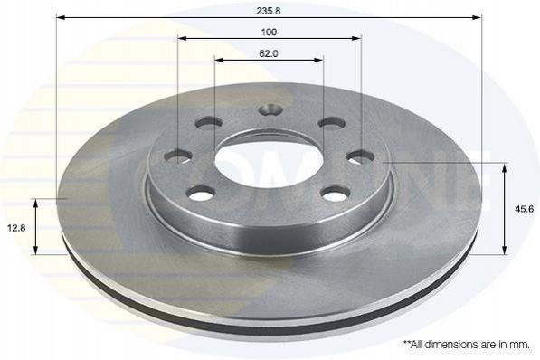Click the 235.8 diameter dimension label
tap(269, 11)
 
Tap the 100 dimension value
tap(269, 33)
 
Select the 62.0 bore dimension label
tap(269, 53)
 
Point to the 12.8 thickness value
tap(16, 228)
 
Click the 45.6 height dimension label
tap(524, 209)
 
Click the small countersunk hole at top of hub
tap(270, 110)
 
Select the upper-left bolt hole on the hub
tap(209, 123)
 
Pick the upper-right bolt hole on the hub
tap(332, 123)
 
